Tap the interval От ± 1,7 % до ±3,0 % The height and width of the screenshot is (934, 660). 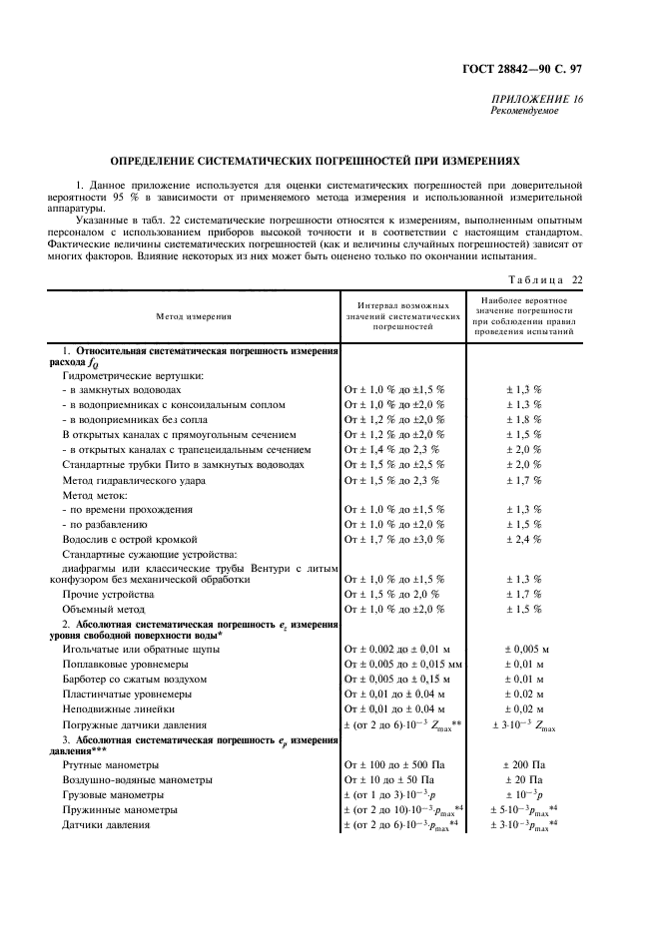394,539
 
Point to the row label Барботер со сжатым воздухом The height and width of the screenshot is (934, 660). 135,678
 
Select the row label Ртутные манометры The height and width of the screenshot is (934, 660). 111,764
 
